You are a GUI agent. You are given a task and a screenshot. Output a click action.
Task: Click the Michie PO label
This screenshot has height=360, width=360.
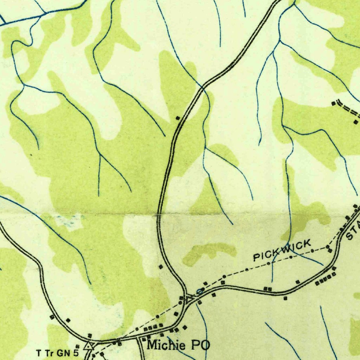coord(178,345)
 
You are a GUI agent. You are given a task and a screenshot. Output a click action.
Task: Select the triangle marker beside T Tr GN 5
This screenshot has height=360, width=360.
coord(89,346)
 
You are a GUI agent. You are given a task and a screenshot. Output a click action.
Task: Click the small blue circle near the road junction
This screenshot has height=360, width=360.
coord(200,291)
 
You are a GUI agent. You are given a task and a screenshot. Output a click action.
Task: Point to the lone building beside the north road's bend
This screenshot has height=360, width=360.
coord(178,118)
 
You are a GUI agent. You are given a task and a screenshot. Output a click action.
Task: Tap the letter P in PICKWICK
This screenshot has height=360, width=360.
coord(257,257)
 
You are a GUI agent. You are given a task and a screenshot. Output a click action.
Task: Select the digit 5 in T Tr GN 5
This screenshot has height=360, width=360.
coord(76,352)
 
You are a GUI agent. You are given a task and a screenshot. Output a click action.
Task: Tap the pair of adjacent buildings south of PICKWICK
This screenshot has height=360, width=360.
coord(268,289)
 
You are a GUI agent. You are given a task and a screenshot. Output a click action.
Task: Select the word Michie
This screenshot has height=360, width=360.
coord(165,345)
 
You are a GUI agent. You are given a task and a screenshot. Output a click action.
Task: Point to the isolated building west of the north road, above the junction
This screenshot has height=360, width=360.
coord(161,267)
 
